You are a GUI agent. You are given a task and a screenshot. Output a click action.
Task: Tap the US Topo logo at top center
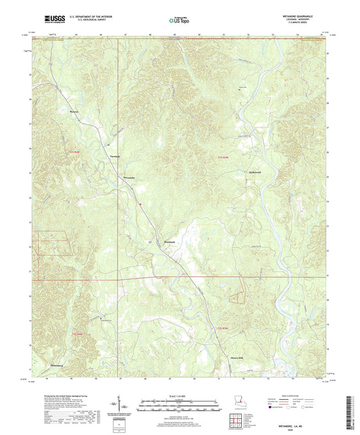178,22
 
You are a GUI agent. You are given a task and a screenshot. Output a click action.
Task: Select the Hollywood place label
253,172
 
